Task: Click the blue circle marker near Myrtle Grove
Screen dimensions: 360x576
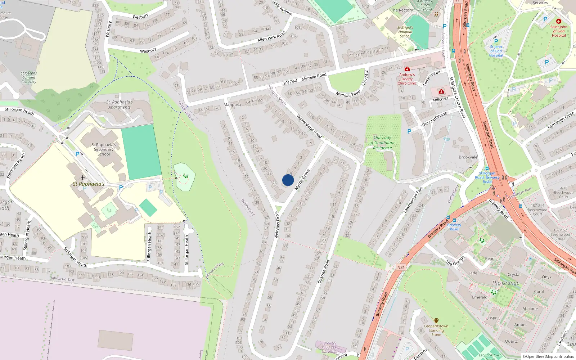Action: coord(288,180)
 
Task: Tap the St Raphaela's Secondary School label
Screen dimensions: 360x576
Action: coord(104,149)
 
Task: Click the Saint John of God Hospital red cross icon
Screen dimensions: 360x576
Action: coord(558,22)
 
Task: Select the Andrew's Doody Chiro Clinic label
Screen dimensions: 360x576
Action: coord(407,79)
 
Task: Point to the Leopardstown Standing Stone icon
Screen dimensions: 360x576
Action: coord(436,320)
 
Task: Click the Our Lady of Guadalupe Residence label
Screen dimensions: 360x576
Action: coord(382,143)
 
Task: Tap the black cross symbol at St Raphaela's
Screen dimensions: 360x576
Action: coord(83,178)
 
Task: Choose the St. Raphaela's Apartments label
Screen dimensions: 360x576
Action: coord(120,105)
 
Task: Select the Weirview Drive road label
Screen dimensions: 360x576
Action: coord(277,225)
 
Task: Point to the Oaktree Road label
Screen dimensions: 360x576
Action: coord(324,271)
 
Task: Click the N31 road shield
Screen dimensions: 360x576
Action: coord(401,267)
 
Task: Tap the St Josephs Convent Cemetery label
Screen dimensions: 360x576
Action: coord(29,77)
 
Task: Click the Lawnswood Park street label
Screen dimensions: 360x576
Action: coord(413,199)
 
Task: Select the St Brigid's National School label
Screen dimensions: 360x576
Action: coord(405,32)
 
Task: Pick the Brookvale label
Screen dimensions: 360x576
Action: coord(468,157)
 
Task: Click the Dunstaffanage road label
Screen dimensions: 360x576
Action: coord(434,119)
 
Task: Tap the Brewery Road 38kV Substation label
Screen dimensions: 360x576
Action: coord(330,347)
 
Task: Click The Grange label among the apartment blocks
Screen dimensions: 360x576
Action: coord(505,283)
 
